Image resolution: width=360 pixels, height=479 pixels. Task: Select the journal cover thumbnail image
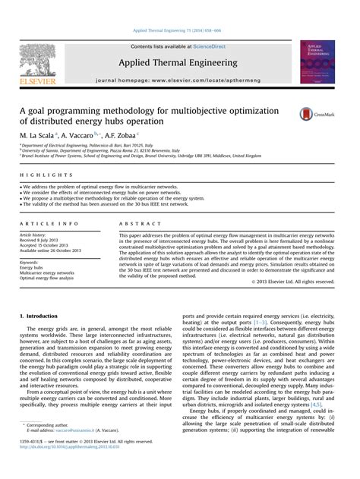pyautogui.click(x=317, y=61)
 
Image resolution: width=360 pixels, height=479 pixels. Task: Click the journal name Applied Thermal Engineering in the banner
pyautogui.click(x=179, y=62)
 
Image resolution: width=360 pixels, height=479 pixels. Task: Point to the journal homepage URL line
pyautogui.click(x=179, y=79)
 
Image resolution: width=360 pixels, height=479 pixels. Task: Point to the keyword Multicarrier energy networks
pyautogui.click(x=47, y=273)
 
